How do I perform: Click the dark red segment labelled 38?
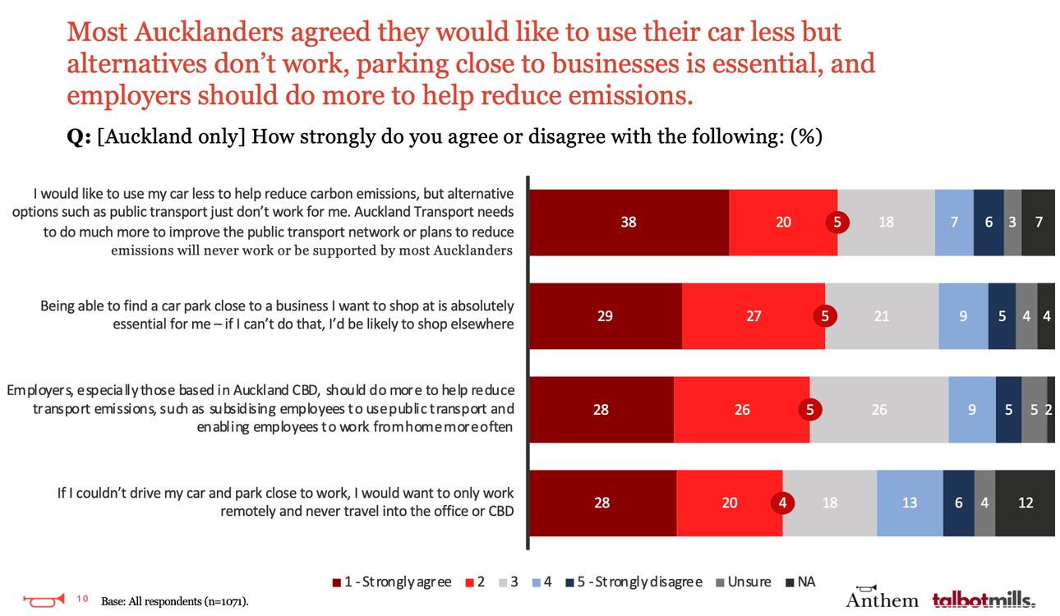629,222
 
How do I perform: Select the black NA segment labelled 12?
1025,503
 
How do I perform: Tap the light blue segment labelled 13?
910,503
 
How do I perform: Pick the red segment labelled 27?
754,315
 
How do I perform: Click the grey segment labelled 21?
882,315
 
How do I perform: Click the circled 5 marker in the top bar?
836,222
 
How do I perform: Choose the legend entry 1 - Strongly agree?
392,582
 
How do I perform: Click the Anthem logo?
882,597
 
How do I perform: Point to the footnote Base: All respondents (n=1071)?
174,601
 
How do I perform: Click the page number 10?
82,598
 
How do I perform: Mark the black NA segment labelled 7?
1039,222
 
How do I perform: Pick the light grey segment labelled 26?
879,409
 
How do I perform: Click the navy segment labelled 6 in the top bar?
989,222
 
